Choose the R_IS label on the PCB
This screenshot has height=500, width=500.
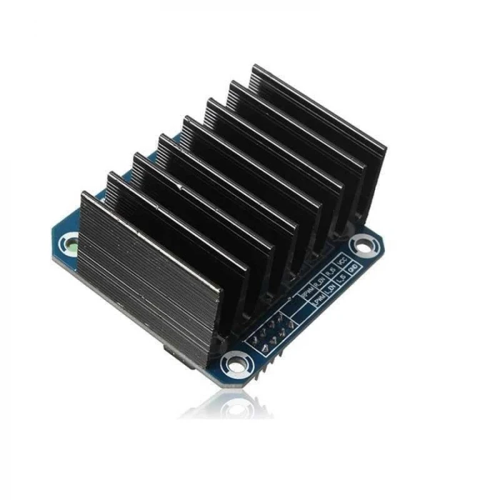(329, 271)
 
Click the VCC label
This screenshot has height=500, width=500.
(342, 262)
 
